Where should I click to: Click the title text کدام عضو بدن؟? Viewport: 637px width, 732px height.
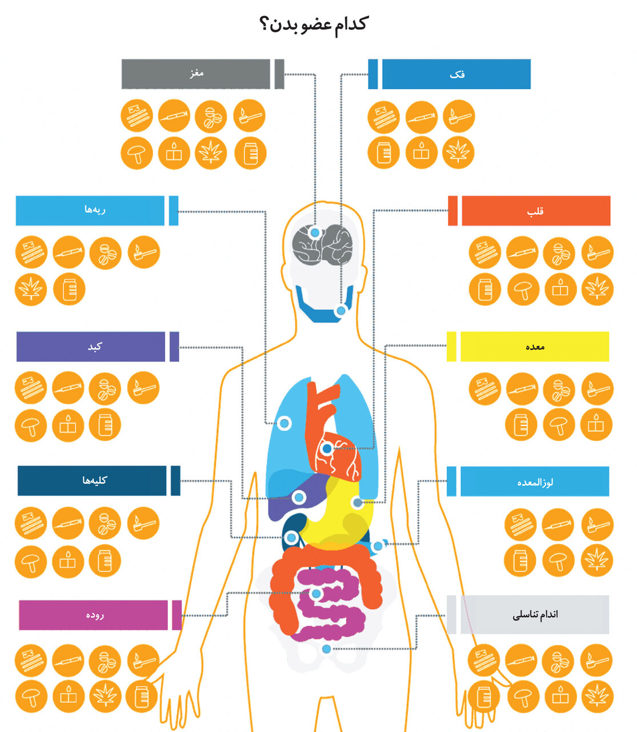314,24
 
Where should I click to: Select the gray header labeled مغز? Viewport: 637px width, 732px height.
196,74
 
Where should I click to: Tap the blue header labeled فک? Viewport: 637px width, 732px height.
456,74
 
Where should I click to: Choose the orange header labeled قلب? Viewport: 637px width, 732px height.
535,211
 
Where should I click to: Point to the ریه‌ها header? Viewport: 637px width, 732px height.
90,210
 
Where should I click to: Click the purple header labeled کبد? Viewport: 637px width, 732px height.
91,347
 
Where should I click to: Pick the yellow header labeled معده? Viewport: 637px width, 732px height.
535,347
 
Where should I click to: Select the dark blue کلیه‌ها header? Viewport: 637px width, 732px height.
92,480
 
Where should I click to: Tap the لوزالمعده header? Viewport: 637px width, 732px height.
535,482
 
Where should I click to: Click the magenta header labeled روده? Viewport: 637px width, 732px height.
94,615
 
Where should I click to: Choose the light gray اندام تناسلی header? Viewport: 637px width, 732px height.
535,615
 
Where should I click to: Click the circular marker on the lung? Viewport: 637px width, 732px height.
284,423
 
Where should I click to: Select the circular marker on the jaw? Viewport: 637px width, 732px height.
341,311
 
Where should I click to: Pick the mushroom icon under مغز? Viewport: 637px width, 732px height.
137,153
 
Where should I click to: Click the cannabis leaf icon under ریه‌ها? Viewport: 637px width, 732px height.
31,289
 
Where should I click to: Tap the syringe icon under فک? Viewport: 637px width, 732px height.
422,117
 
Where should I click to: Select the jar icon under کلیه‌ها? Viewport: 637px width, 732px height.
105,560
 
